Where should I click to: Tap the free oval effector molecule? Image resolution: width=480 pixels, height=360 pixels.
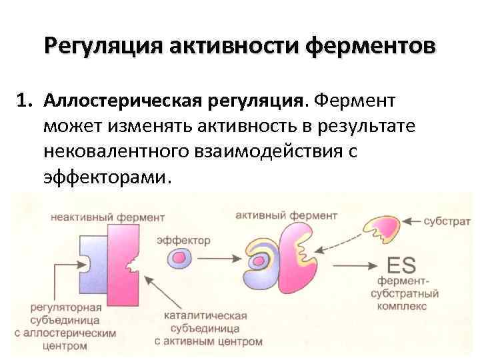(x=181, y=258)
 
